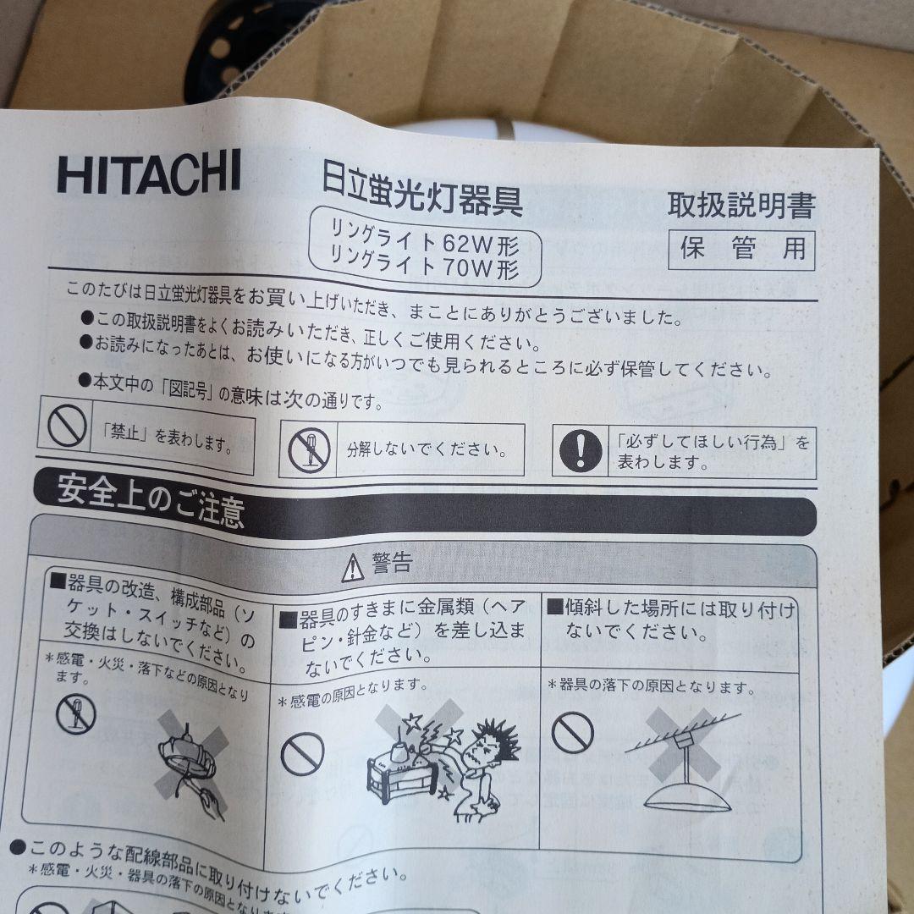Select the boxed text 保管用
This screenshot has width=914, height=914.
tap(741, 250)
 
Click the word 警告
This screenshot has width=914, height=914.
tap(392, 563)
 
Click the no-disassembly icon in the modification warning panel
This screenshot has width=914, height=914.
tap(75, 715)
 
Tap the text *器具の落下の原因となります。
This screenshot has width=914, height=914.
tap(652, 685)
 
